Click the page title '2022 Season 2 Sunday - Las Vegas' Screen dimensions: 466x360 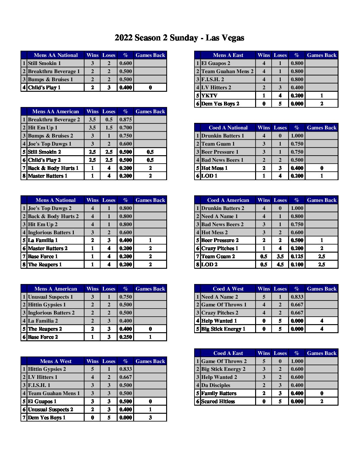tap(179, 38)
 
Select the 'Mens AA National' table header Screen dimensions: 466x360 tap(56, 55)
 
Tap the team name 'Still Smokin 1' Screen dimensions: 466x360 tap(44, 63)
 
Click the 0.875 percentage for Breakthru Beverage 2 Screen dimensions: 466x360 tap(126, 120)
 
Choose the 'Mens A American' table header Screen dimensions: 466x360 tap(56, 289)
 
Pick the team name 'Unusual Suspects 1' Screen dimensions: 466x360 tap(50, 297)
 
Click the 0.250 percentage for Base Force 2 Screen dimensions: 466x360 tap(126, 337)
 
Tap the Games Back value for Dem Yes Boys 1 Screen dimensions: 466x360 tap(150, 418)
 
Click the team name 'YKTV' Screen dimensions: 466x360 tap(209, 96)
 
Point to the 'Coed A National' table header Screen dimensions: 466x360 tap(228, 128)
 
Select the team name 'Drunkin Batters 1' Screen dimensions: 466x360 tap(223, 136)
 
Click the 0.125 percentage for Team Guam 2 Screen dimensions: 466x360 tap(297, 257)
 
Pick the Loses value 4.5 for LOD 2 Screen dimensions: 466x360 tap(280, 265)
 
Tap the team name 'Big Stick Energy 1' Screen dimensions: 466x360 tap(223, 329)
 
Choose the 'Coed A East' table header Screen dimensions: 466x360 tap(228, 353)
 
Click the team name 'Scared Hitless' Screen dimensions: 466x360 tap(218, 402)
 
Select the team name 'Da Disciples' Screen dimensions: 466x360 tap(216, 385)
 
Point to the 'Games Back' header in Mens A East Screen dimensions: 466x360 tap(322, 55)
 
